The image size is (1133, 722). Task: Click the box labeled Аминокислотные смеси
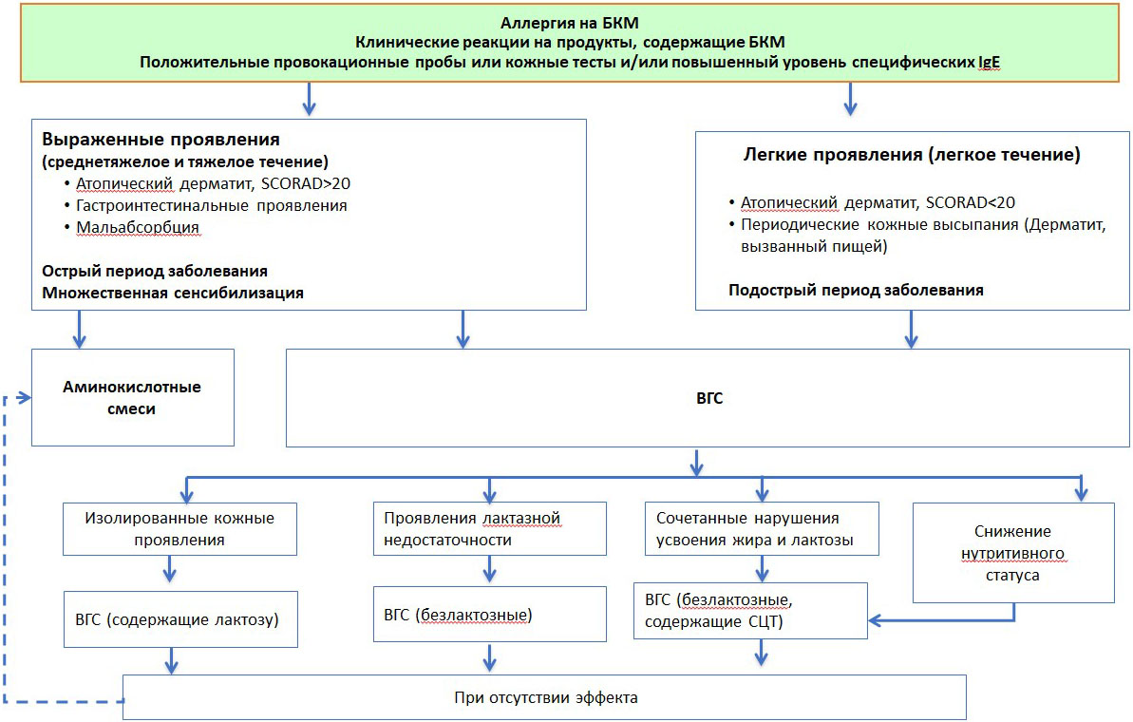(x=132, y=397)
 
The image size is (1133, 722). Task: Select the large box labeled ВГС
(x=708, y=398)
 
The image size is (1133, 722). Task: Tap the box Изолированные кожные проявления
(x=179, y=529)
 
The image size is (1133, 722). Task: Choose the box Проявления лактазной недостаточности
(x=489, y=529)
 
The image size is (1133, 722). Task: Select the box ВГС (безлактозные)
(x=489, y=615)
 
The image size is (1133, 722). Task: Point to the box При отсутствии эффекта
(x=545, y=696)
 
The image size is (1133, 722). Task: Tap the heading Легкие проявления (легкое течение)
(x=910, y=155)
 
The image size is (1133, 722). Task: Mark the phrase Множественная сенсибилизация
(x=173, y=293)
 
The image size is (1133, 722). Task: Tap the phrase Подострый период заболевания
(x=855, y=290)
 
